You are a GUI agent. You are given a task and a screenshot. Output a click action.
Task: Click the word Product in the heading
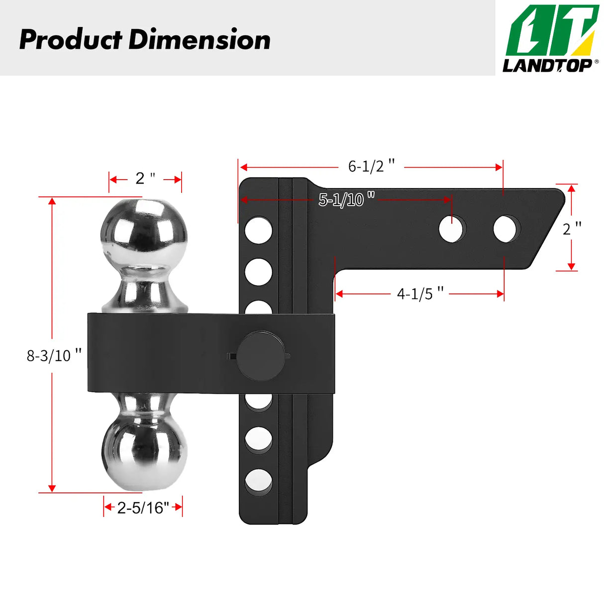coord(71,40)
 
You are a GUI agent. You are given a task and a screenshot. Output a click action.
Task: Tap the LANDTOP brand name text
coord(547,65)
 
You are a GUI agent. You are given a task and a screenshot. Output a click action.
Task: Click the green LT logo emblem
coord(552,31)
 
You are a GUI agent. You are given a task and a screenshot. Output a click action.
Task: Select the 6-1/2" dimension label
coord(371,166)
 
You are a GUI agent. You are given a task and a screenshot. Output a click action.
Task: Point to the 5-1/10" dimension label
coord(346,200)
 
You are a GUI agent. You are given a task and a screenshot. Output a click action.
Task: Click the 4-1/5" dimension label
coord(420,294)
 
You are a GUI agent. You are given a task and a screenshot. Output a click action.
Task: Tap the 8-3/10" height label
coord(54,355)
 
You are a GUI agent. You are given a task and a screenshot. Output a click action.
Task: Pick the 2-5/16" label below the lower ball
coord(143,507)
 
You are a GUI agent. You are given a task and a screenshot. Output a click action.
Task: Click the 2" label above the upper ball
coord(145,178)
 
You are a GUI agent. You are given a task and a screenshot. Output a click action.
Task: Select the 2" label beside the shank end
coord(572,229)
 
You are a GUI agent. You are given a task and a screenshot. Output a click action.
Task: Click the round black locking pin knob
coord(260,355)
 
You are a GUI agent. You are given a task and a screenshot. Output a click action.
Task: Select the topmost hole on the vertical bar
coord(259,230)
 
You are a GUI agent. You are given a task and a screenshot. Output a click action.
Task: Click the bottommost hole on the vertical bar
coord(259,482)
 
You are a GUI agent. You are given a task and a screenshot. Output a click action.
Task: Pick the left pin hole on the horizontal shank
coord(452,229)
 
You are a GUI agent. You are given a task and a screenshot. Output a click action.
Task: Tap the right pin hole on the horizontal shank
coord(505,229)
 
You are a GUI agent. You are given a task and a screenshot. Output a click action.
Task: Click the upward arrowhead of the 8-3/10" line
coord(52,201)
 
